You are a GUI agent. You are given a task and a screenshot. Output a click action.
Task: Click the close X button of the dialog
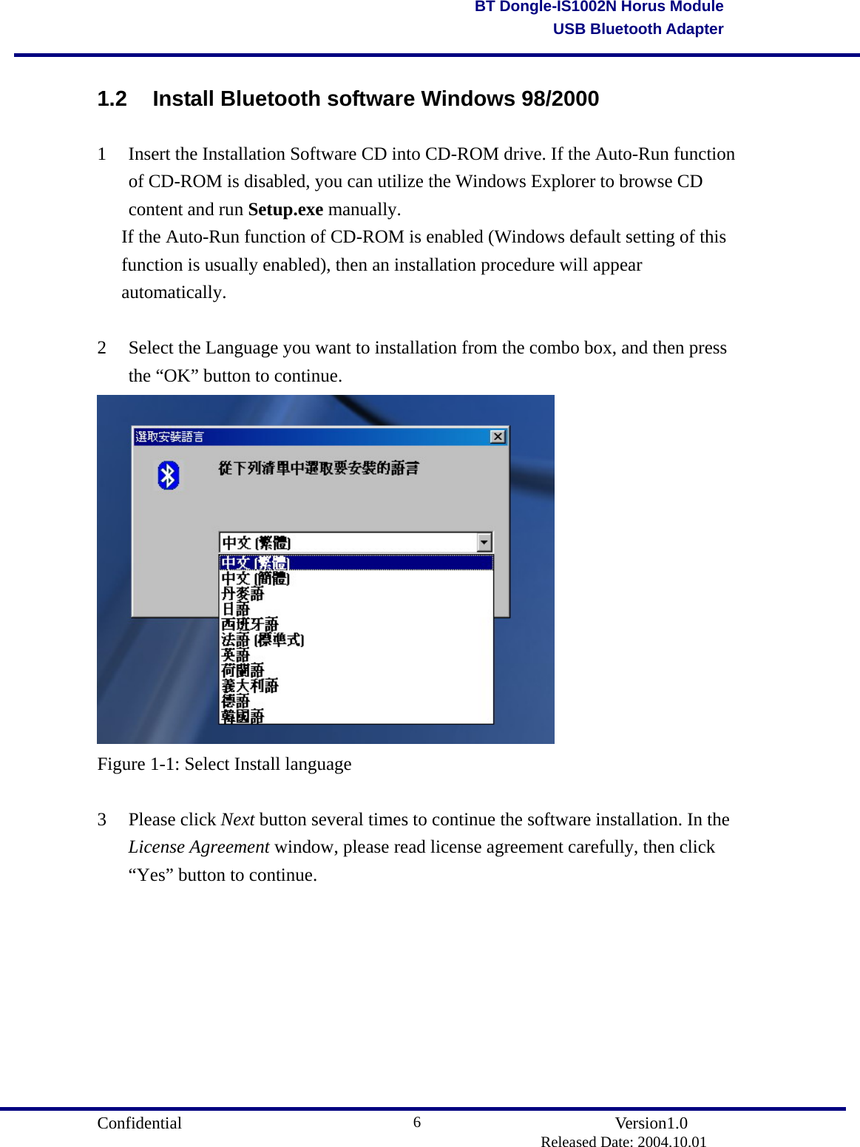pyautogui.click(x=498, y=436)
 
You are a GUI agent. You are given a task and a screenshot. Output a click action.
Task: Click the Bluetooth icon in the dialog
pyautogui.click(x=169, y=476)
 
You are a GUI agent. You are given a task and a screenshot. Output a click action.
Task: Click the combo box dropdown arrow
pyautogui.click(x=484, y=543)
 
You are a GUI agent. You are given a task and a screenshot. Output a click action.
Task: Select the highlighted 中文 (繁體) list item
pyautogui.click(x=255, y=563)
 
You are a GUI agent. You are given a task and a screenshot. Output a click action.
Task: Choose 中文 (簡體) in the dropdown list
pyautogui.click(x=255, y=578)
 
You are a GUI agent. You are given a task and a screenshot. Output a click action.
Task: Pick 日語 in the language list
pyautogui.click(x=236, y=609)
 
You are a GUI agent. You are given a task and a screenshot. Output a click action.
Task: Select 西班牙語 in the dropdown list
pyautogui.click(x=250, y=624)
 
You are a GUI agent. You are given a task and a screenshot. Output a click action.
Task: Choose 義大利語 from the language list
pyautogui.click(x=250, y=686)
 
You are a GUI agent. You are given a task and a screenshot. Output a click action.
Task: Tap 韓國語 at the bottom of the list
pyautogui.click(x=243, y=716)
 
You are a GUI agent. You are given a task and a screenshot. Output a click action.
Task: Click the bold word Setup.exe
pyautogui.click(x=285, y=209)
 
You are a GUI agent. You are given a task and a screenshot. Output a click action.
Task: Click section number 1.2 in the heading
pyautogui.click(x=112, y=98)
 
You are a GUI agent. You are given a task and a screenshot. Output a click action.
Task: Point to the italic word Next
pyautogui.click(x=237, y=819)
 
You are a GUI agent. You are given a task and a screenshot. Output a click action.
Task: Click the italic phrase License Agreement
pyautogui.click(x=198, y=847)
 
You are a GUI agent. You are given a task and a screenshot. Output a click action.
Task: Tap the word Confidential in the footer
pyautogui.click(x=139, y=1123)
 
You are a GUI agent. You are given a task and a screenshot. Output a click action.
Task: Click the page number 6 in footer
pyautogui.click(x=417, y=1123)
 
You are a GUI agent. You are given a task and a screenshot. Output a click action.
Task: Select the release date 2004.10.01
pyautogui.click(x=672, y=1142)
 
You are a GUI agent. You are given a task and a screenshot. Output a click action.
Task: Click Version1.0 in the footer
pyautogui.click(x=651, y=1123)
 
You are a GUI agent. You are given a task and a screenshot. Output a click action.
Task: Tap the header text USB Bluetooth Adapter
pyautogui.click(x=637, y=29)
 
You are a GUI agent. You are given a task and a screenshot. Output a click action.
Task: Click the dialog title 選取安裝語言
pyautogui.click(x=169, y=436)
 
